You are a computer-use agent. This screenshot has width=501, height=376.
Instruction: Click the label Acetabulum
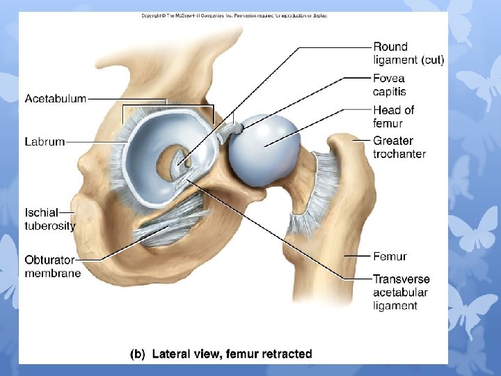pyautogui.click(x=56, y=99)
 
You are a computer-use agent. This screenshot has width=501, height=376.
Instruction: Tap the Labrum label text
pyautogui.click(x=45, y=141)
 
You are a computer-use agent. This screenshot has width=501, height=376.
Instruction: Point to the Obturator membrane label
pyautogui.click(x=52, y=266)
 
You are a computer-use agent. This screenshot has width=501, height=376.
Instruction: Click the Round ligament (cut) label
pyautogui.click(x=408, y=54)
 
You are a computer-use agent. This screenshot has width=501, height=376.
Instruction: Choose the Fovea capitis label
pyautogui.click(x=390, y=85)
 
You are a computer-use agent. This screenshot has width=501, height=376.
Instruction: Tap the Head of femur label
pyautogui.click(x=393, y=116)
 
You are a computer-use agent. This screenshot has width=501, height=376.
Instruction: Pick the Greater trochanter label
pyautogui.click(x=399, y=147)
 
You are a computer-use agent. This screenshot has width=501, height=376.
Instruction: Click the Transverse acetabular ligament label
pyautogui.click(x=401, y=292)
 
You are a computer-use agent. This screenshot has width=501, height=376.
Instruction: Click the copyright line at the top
pyautogui.click(x=234, y=15)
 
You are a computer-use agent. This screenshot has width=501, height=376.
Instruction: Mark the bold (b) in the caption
pyautogui.click(x=138, y=354)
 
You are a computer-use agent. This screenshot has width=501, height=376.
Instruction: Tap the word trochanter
pyautogui.click(x=399, y=154)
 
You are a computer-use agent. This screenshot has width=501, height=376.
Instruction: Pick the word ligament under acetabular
pyautogui.click(x=395, y=306)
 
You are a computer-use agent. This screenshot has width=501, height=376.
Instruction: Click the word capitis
pyautogui.click(x=389, y=91)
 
